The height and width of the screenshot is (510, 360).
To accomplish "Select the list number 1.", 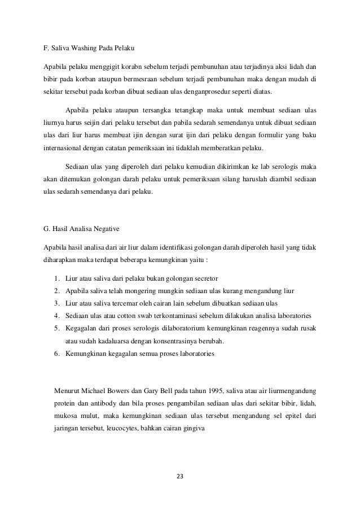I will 58,278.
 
